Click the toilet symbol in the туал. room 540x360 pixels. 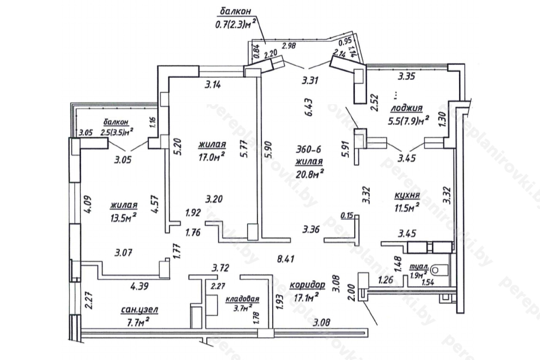[x=441, y=268]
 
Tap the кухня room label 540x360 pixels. [x=407, y=196]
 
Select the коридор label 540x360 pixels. [x=307, y=285]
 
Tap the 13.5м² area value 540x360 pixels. [x=124, y=216]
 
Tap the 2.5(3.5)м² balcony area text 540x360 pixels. [x=117, y=131]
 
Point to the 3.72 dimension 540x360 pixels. [x=220, y=267]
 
